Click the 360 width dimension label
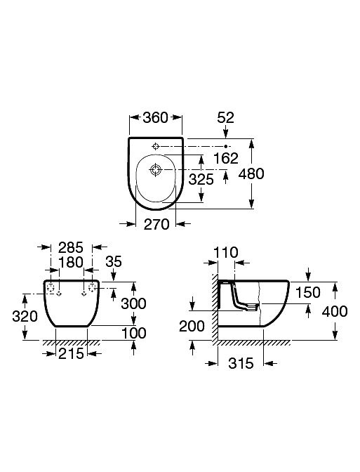[155, 118]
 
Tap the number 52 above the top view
[225, 118]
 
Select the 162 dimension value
[226, 158]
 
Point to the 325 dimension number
[201, 179]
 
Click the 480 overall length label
[251, 173]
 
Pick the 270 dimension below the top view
[156, 225]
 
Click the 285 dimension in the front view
[71, 247]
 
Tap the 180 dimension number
[71, 262]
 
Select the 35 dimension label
[114, 261]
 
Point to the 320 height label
[25, 316]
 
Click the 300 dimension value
[133, 303]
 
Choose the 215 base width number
[71, 354]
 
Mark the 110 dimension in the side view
[225, 253]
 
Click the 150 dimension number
[307, 292]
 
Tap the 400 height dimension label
[335, 312]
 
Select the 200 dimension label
[192, 326]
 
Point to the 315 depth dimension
[241, 363]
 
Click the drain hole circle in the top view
[156, 170]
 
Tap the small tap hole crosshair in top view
[155, 147]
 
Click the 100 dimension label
[133, 333]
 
